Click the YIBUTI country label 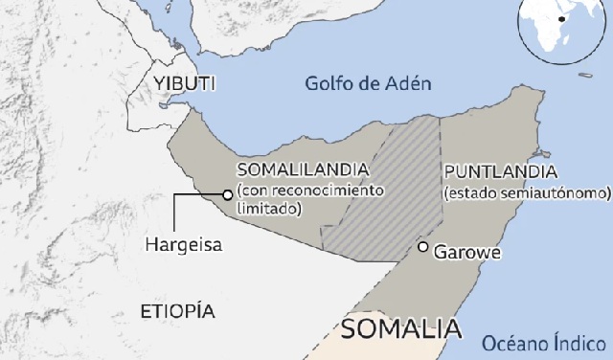177,84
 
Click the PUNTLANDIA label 500,171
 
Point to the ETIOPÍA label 177,311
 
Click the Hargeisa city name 183,244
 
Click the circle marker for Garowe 422,247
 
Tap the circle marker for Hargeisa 227,194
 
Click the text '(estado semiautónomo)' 527,192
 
